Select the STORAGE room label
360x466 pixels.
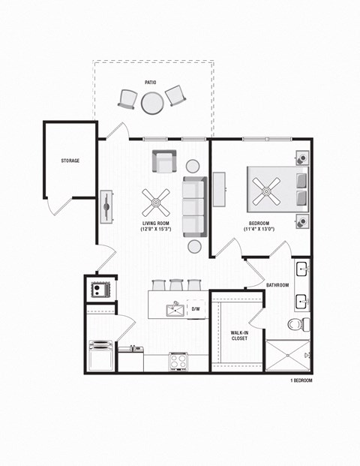click(70, 161)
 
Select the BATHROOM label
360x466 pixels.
click(277, 285)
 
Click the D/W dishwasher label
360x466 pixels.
click(196, 308)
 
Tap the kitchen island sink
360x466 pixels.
click(176, 307)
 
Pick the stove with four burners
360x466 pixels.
click(178, 362)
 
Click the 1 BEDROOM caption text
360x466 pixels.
click(301, 381)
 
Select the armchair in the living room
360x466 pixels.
click(164, 161)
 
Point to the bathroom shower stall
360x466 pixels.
click(286, 356)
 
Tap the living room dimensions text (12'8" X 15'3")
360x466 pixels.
click(156, 229)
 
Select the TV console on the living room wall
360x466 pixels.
click(107, 204)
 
